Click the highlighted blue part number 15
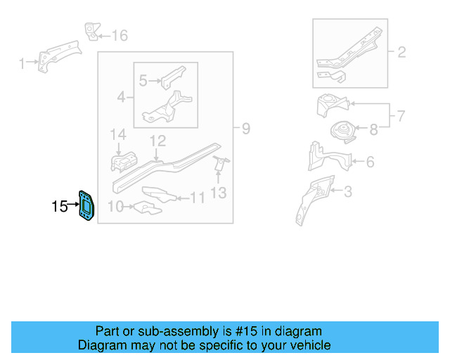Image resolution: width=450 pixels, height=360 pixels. (86, 205)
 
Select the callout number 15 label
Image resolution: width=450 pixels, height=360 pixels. (60, 207)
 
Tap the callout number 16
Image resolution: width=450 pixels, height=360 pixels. (120, 36)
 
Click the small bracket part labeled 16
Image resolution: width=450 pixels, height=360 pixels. (91, 31)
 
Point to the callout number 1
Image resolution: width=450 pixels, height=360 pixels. (22, 64)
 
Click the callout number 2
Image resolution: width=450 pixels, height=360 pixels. (401, 52)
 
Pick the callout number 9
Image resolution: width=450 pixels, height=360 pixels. (245, 129)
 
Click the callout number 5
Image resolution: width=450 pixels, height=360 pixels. (143, 81)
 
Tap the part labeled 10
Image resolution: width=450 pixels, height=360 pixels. (146, 208)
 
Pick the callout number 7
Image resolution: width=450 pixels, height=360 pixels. (401, 115)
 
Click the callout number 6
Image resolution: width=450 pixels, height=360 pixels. (369, 162)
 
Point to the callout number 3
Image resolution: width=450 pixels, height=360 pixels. (348, 191)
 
